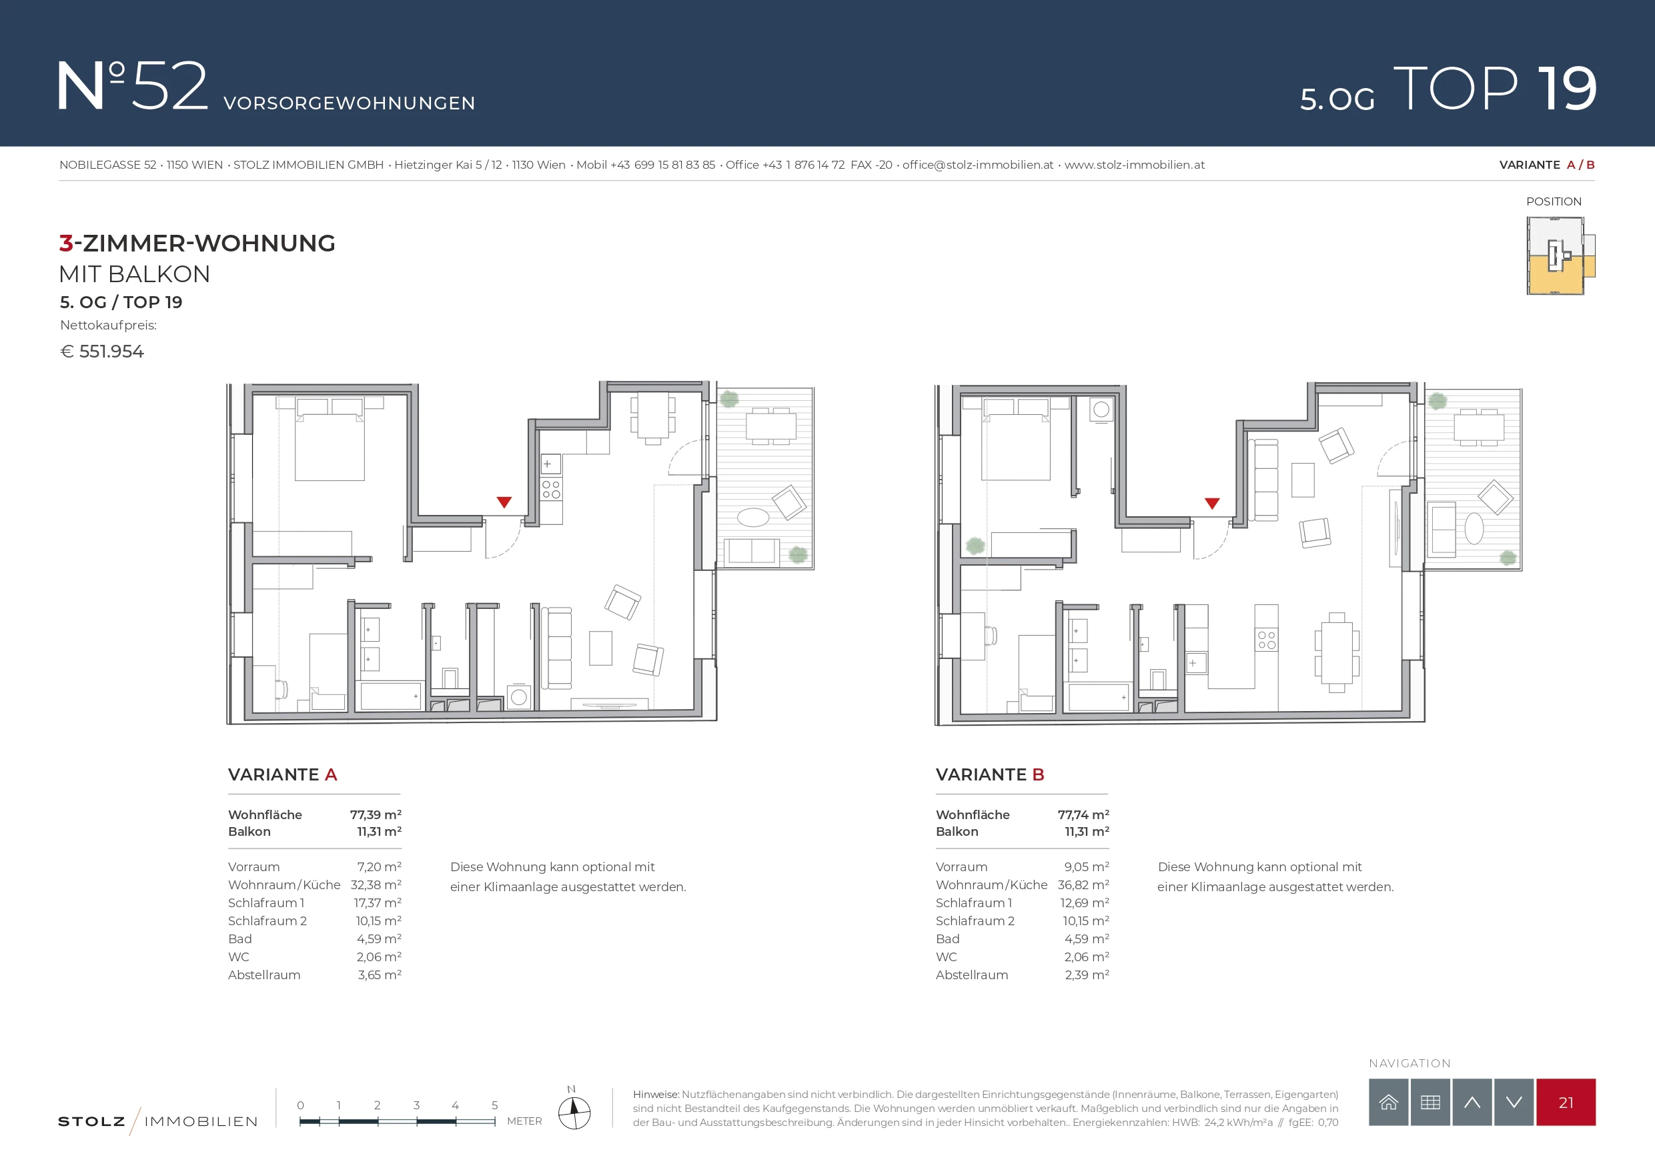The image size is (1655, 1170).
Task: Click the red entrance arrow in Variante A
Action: pyautogui.click(x=504, y=502)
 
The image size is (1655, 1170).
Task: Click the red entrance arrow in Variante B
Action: pyautogui.click(x=1211, y=503)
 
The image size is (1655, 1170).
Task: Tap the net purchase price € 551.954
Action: pyautogui.click(x=101, y=351)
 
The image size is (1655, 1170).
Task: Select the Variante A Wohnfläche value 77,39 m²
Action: pyautogui.click(x=376, y=814)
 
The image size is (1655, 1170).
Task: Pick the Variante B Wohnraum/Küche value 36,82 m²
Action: pyautogui.click(x=1083, y=885)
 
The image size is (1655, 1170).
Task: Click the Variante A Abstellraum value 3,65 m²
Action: pyautogui.click(x=379, y=975)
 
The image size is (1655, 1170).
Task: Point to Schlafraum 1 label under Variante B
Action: pyautogui.click(x=973, y=903)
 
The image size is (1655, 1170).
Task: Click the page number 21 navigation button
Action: pyautogui.click(x=1566, y=1102)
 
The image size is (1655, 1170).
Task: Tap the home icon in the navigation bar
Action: pyautogui.click(x=1388, y=1102)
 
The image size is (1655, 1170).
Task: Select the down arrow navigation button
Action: pyautogui.click(x=1514, y=1102)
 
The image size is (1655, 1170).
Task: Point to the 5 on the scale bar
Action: pyautogui.click(x=494, y=1105)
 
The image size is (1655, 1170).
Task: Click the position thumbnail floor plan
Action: pyautogui.click(x=1560, y=256)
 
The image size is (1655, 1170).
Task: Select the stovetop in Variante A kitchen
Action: pyautogui.click(x=551, y=490)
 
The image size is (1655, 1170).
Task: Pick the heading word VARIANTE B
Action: pyautogui.click(x=990, y=774)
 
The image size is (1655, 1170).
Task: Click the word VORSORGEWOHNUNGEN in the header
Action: pyautogui.click(x=349, y=103)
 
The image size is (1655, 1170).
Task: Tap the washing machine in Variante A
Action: pyautogui.click(x=518, y=697)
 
